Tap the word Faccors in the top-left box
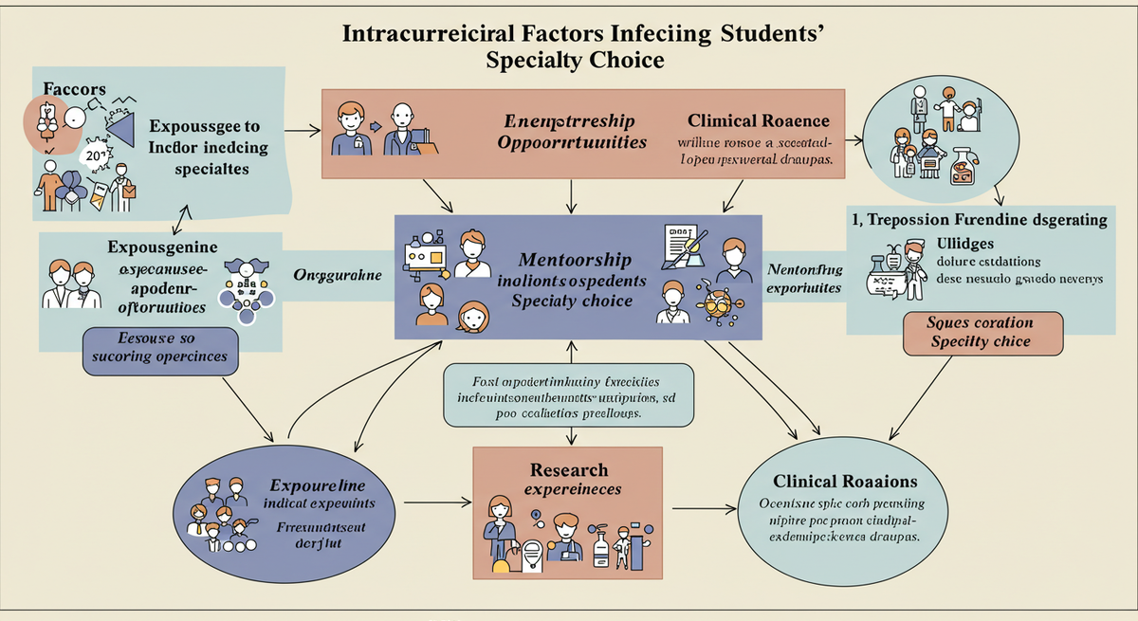[x=74, y=88]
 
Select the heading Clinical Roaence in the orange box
[x=759, y=120]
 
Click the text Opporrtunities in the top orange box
[x=572, y=142]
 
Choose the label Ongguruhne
[x=338, y=275]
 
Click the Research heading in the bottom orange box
[x=569, y=470]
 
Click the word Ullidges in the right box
[x=968, y=244]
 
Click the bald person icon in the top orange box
[x=402, y=128]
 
